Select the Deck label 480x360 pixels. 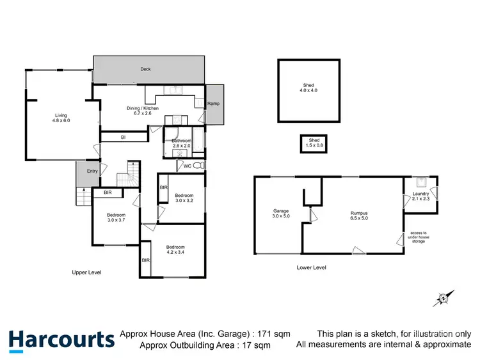(x=146, y=69)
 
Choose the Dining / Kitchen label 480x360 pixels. (x=142, y=111)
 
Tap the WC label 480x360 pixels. (x=188, y=166)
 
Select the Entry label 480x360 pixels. (x=93, y=171)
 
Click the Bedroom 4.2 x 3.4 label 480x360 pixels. (x=175, y=250)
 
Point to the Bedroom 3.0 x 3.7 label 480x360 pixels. (x=116, y=217)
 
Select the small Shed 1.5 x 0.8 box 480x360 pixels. (x=314, y=143)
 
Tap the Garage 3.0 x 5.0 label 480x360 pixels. (x=282, y=214)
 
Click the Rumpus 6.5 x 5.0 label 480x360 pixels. (x=359, y=216)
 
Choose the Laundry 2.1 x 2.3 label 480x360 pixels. (x=420, y=196)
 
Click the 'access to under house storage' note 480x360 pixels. (x=419, y=237)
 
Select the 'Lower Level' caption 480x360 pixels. (x=312, y=267)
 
